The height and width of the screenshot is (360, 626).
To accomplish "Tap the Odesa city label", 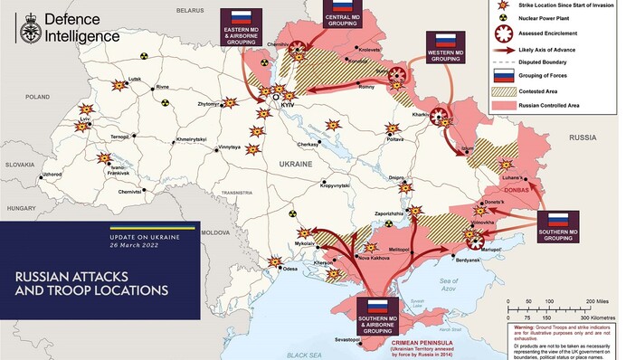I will click(289, 270).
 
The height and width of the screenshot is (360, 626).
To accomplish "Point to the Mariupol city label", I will click(488, 248).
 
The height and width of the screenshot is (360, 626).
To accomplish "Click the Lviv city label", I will click(85, 118).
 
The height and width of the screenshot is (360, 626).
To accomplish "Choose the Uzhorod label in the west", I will click(52, 174).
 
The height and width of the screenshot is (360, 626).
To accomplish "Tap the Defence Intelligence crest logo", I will click(25, 26).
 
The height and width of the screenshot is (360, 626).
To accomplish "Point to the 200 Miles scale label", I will click(602, 299).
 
